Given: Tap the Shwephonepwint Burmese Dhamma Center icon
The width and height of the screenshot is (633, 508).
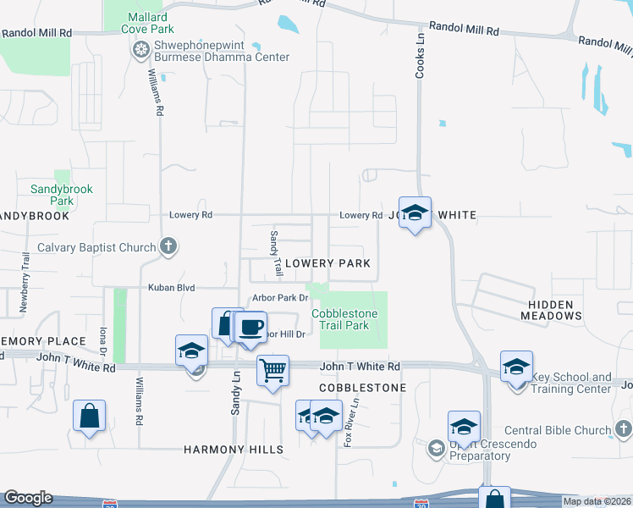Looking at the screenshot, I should click(x=140, y=51).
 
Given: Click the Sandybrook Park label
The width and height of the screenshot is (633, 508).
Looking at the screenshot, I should click(x=62, y=195).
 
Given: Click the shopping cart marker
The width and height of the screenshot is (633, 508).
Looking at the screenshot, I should click(x=273, y=370).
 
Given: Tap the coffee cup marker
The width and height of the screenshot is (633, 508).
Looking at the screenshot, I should click(x=250, y=327).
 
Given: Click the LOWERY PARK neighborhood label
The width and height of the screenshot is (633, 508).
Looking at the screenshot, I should click(x=328, y=263).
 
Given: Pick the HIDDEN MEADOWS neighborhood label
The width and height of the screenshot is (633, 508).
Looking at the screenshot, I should click(x=555, y=309).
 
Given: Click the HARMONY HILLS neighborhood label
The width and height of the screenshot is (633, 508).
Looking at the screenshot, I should click(x=234, y=450).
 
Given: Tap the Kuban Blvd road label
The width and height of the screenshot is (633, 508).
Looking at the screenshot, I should click(x=172, y=288).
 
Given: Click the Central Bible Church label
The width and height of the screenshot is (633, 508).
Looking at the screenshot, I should click(x=558, y=431).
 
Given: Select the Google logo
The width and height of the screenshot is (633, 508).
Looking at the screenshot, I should click(x=28, y=498).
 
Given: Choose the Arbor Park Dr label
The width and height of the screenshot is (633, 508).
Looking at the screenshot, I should click(x=278, y=298).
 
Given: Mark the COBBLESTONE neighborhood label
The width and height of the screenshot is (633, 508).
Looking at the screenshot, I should click(x=362, y=388).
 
